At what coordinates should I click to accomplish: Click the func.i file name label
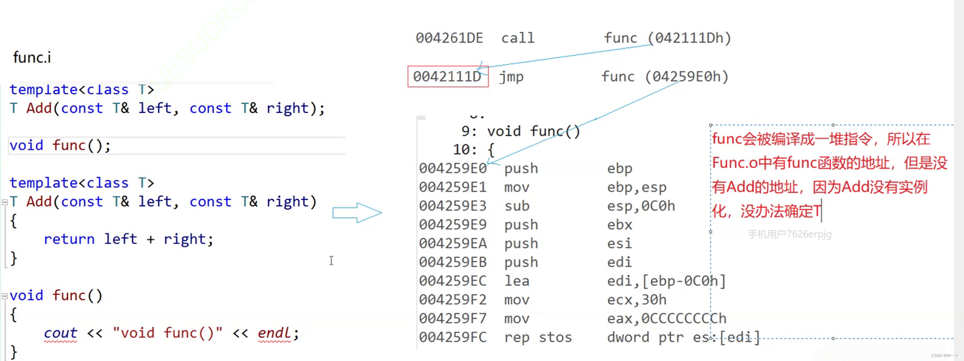[32, 57]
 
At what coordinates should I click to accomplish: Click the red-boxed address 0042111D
[447, 76]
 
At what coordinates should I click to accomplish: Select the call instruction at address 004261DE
[518, 38]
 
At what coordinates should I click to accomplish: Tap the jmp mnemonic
[511, 77]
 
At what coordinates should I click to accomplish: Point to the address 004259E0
[453, 168]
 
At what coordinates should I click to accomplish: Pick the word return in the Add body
[69, 239]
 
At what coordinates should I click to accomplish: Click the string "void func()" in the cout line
[167, 333]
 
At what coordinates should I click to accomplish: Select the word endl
[274, 333]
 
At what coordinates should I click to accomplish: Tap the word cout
[60, 333]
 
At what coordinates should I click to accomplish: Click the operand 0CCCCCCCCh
[684, 318]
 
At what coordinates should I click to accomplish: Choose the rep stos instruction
[538, 337]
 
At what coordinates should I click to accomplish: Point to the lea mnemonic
[517, 281]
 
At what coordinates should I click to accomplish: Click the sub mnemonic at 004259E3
[517, 206]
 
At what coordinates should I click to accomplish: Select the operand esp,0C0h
[641, 206]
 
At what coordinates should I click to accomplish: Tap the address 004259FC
[453, 337]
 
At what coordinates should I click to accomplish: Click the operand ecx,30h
[637, 300]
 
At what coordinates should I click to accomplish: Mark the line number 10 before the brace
[462, 150]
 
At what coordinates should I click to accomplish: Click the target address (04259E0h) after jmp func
[686, 76]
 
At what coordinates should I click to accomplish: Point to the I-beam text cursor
[331, 260]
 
